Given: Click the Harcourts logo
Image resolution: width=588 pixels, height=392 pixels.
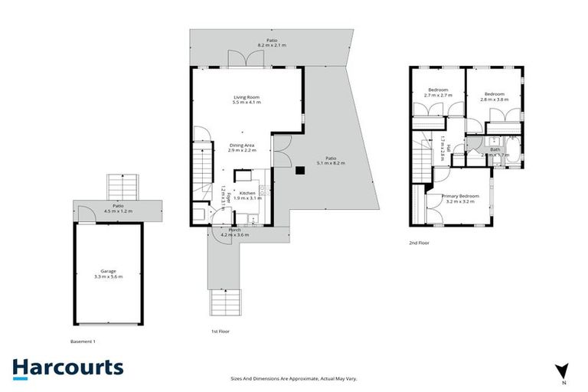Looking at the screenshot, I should point(67,367).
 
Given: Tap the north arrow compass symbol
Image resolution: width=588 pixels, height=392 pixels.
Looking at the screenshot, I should point(563,371).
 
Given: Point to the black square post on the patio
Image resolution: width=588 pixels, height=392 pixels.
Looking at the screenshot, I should point(301,170).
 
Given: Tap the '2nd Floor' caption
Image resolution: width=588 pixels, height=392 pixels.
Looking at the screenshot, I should point(419,243).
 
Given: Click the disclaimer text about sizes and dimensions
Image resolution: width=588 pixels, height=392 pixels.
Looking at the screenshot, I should point(294,378).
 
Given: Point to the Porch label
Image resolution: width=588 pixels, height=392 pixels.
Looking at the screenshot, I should point(234,232).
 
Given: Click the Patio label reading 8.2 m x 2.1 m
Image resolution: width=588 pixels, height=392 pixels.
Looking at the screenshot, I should point(271,43).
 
